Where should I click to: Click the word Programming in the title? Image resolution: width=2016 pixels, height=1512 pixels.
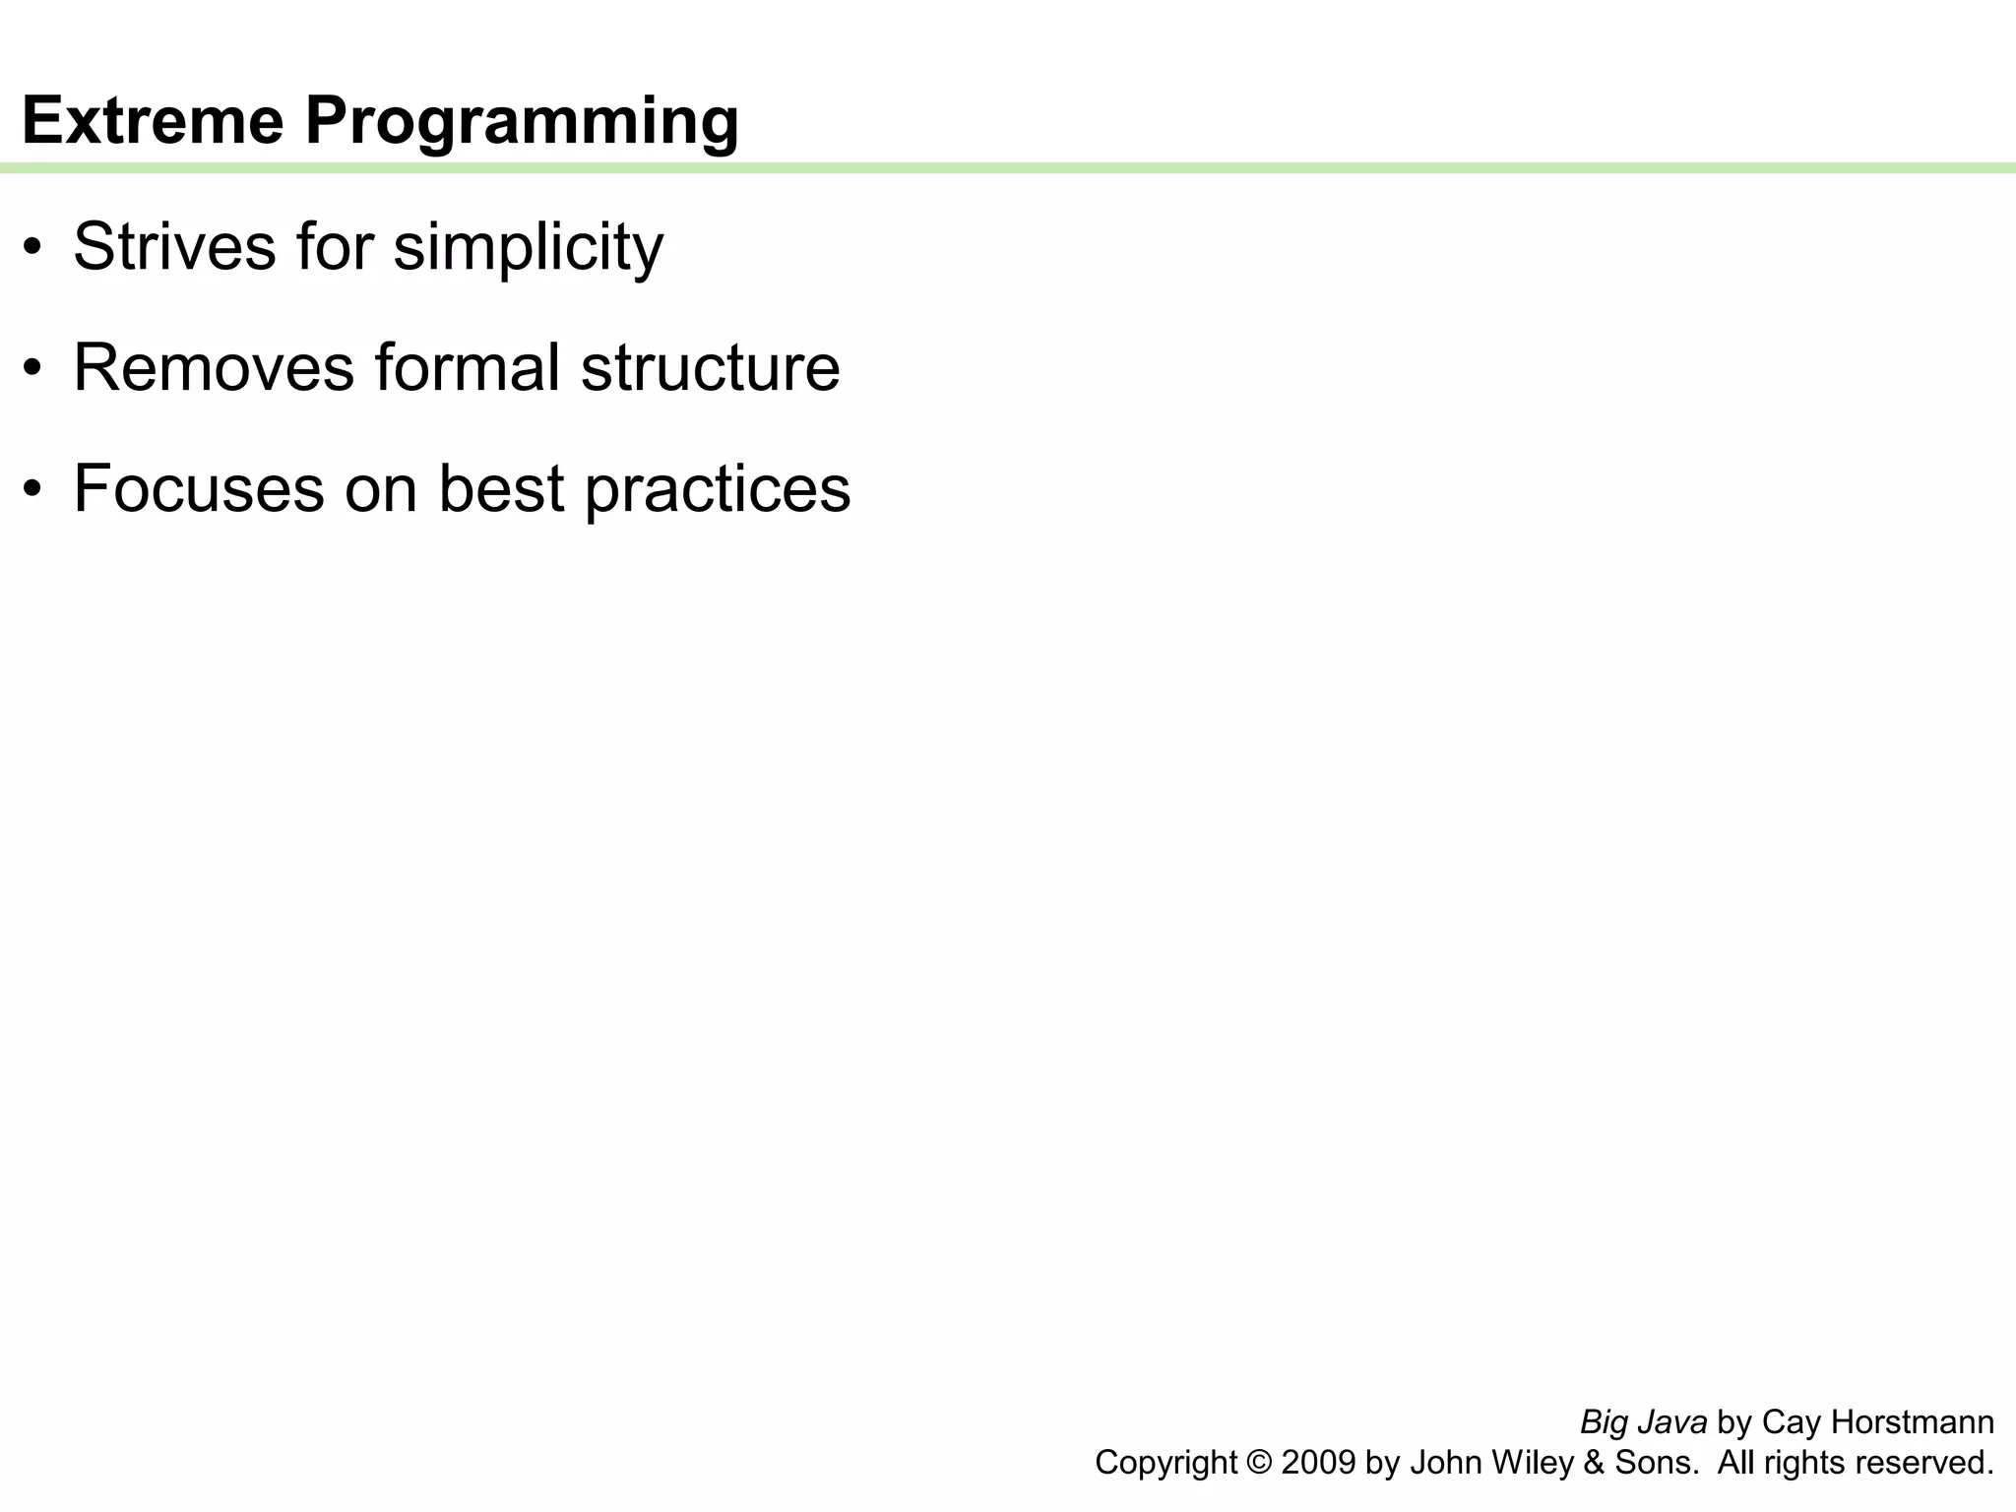[x=522, y=122]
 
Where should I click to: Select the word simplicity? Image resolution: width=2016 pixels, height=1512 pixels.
[x=529, y=248]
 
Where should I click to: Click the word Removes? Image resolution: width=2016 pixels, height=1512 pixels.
[x=214, y=367]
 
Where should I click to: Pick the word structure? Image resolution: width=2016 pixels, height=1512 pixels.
[x=710, y=368]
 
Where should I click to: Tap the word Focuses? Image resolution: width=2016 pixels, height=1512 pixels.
[x=198, y=488]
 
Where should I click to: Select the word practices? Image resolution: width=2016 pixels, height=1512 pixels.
[x=718, y=490]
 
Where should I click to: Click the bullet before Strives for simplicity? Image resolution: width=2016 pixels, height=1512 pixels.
[x=33, y=247]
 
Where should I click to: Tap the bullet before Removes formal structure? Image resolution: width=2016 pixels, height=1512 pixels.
[x=33, y=368]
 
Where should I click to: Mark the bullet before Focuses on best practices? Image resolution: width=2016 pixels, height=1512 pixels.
[x=33, y=489]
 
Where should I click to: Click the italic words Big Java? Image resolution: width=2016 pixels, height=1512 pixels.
[x=1643, y=1422]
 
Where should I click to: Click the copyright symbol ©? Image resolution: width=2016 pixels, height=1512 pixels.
[x=1259, y=1463]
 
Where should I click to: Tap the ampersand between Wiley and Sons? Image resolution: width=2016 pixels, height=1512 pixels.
[x=1594, y=1463]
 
